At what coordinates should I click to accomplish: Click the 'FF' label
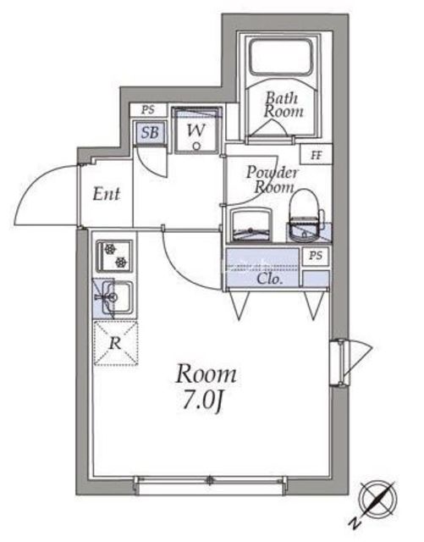point(316,155)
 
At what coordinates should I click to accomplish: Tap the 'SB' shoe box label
point(149,132)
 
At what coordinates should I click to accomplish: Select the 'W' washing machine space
point(195,131)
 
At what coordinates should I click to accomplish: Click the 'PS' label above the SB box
point(148,109)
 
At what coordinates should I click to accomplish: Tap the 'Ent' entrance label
point(106,194)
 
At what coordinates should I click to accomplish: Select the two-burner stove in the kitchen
point(113,255)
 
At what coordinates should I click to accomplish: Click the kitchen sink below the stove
point(113,296)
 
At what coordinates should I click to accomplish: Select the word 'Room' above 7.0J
point(206,373)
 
